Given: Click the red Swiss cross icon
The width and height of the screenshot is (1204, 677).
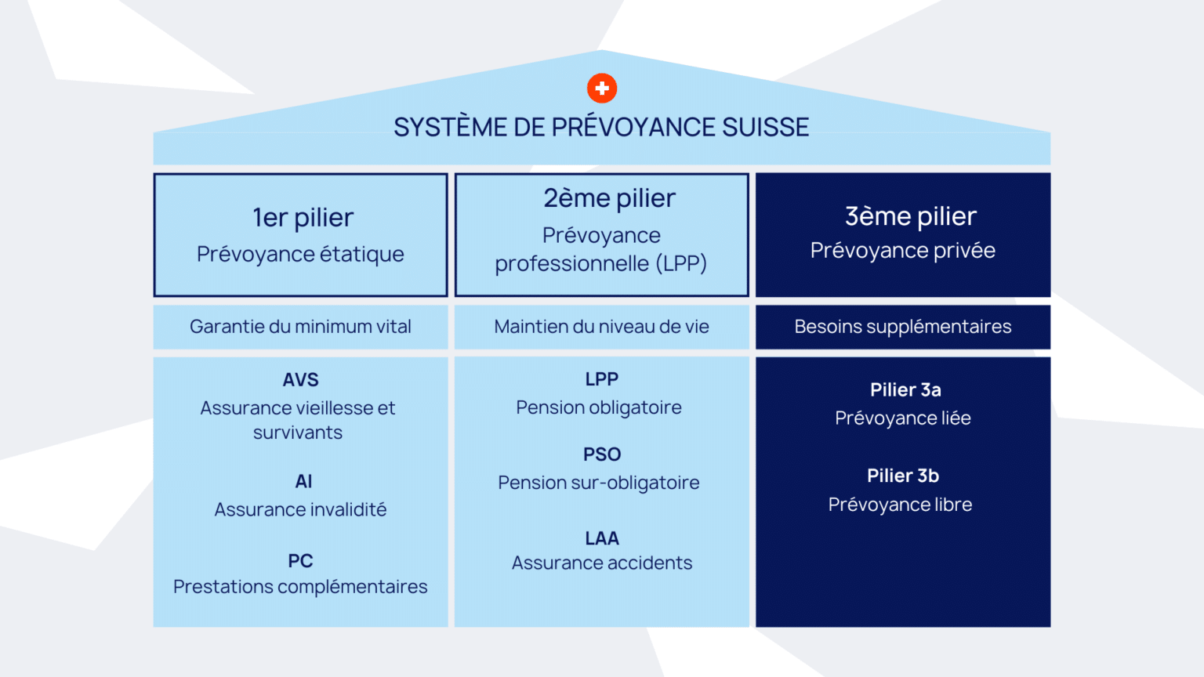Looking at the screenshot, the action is pos(601,88).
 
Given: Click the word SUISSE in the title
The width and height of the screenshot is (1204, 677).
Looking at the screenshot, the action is pos(765,128).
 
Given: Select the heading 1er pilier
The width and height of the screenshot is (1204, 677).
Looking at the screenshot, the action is pos(303,218).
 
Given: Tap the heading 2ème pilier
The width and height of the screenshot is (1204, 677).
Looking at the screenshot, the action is pos(609,197).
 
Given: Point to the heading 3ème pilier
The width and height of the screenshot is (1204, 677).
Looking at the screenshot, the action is pos(911,216).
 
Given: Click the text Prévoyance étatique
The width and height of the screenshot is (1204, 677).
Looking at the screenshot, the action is pos(300,254).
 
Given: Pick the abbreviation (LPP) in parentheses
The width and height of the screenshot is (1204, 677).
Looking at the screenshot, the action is pos(681,263).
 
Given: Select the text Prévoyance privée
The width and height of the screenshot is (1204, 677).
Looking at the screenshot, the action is pos(903,251).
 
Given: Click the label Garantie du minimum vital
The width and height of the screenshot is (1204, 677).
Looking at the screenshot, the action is pos(300,327).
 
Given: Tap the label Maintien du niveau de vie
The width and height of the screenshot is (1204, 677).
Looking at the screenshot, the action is pos(601,327).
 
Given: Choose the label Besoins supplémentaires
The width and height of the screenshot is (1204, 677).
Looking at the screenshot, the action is pos(903,327).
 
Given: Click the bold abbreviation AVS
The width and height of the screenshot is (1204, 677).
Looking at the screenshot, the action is pos(300,380).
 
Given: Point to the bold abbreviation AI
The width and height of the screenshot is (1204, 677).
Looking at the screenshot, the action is pos(303,481).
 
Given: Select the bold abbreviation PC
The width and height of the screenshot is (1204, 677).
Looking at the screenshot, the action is pos(300,561).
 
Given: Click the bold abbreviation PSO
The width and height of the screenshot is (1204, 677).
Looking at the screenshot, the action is pos(602,454).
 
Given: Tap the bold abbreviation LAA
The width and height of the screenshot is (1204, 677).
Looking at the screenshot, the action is pos(602,538).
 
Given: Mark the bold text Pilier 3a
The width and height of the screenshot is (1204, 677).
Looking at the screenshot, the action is pos(905,390).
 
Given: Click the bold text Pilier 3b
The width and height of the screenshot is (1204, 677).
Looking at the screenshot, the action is pos(903,476).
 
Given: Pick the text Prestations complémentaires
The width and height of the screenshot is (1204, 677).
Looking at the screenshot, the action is pos(300,587).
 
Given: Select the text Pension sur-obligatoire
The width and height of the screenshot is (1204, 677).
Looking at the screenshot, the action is pos(599,483).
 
